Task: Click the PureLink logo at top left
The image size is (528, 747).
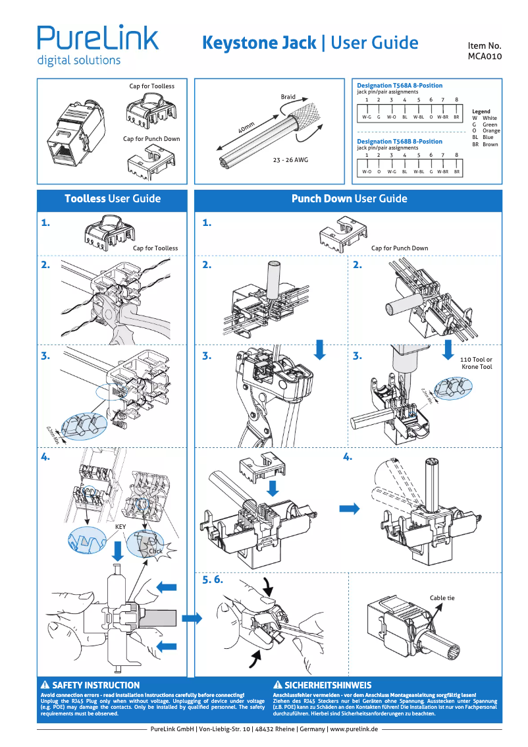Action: [97, 44]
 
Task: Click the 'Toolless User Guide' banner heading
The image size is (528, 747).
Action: [113, 199]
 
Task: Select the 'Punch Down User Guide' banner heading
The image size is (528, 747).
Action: [349, 199]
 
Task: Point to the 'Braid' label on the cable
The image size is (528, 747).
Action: [288, 97]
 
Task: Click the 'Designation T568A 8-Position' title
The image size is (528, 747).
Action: [399, 86]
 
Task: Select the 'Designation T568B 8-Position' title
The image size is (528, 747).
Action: [399, 142]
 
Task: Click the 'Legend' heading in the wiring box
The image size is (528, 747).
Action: [481, 112]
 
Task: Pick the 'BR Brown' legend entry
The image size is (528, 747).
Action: [485, 144]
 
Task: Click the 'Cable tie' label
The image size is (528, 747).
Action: [442, 598]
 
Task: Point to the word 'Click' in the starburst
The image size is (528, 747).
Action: [155, 551]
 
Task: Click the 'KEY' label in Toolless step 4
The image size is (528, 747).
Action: [120, 527]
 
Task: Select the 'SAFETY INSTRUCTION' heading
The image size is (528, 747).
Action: [95, 685]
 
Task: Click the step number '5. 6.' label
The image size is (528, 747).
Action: [213, 580]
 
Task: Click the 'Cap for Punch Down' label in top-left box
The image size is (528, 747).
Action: [151, 139]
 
